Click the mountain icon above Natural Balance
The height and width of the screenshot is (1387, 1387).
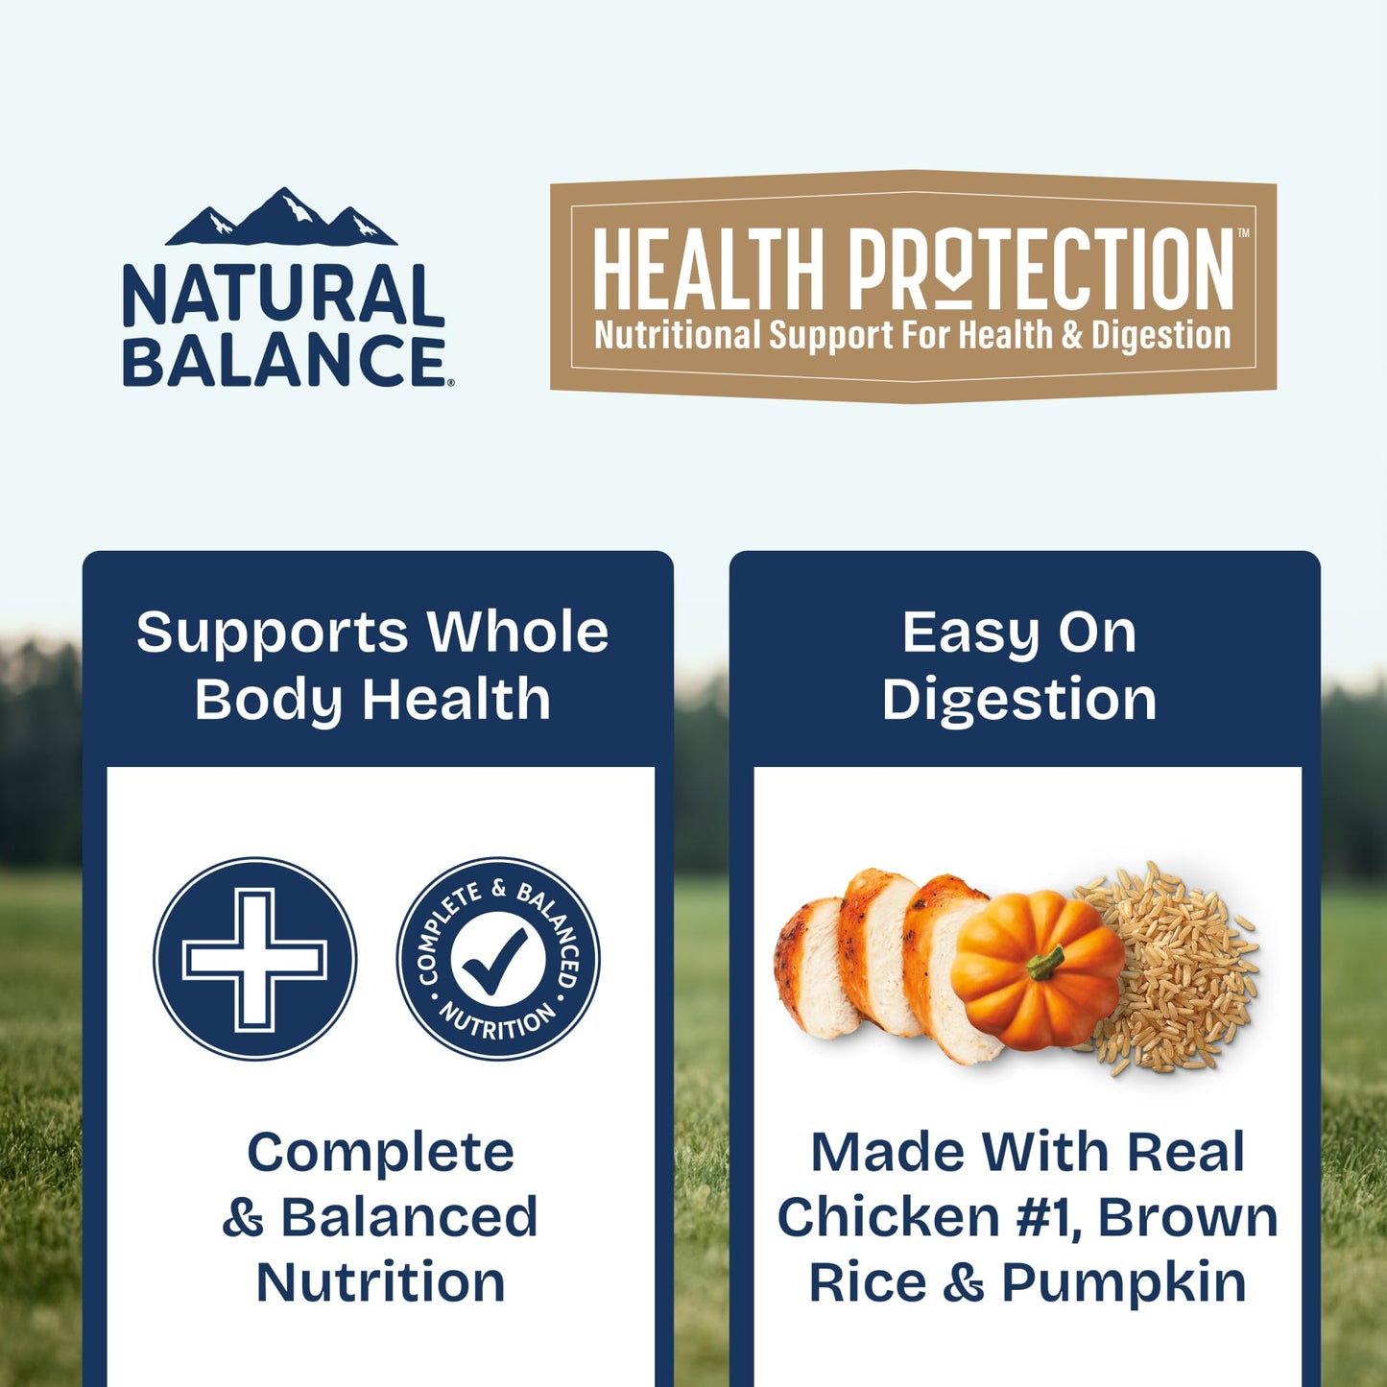(x=281, y=219)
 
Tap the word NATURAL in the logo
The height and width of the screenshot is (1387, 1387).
(x=283, y=296)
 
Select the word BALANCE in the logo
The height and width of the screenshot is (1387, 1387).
(x=283, y=360)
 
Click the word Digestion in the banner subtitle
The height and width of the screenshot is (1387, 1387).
(x=1161, y=335)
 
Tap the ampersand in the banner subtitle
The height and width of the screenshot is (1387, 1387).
(x=1072, y=335)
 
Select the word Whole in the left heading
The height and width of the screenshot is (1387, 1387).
(x=517, y=633)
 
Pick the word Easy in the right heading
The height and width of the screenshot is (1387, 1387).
(x=970, y=634)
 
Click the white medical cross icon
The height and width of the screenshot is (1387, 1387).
(x=254, y=958)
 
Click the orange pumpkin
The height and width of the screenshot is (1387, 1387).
(x=1037, y=969)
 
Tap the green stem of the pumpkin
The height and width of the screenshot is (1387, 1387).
(x=1046, y=961)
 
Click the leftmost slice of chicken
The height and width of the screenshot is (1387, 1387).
(x=816, y=969)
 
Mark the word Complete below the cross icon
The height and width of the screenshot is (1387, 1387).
(x=380, y=1152)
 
